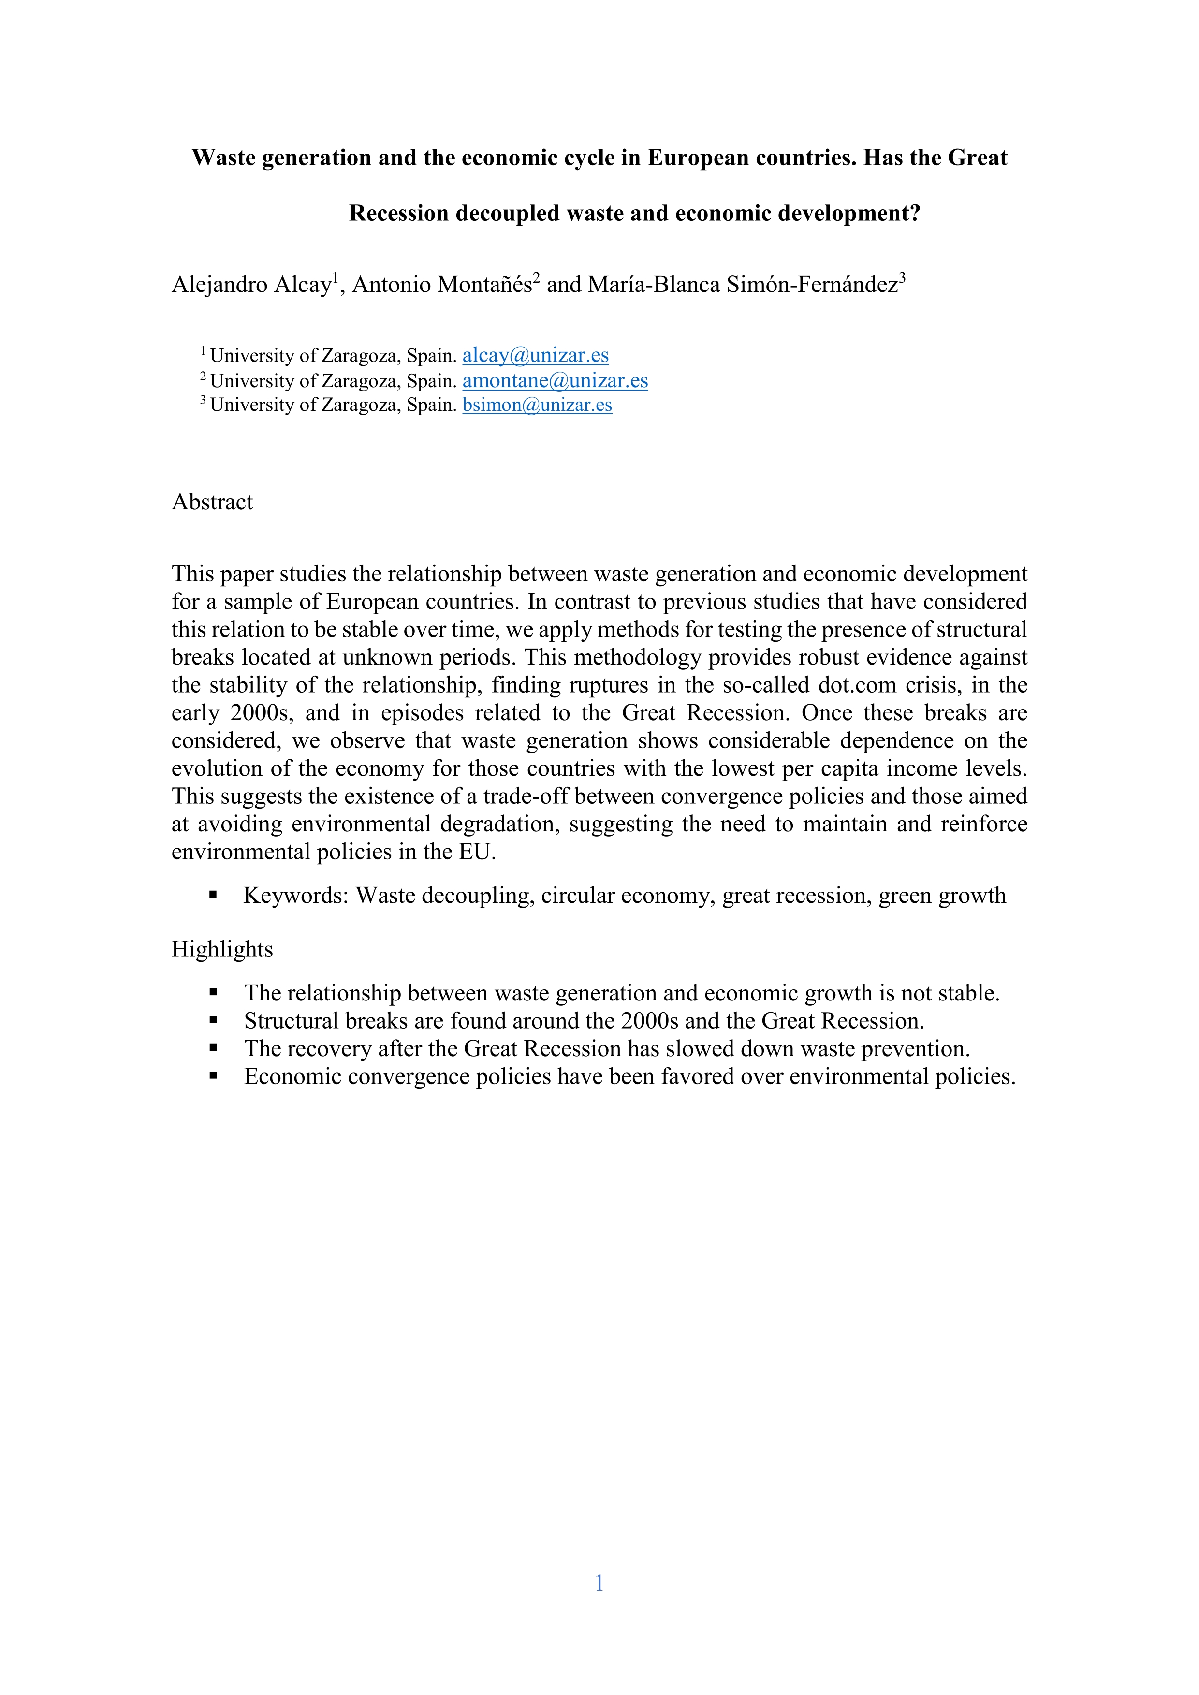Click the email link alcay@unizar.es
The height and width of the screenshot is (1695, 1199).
tap(535, 355)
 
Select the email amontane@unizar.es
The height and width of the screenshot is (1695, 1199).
tap(555, 380)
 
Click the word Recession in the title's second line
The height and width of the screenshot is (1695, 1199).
tap(399, 213)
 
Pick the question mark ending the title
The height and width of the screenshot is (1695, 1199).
tap(916, 213)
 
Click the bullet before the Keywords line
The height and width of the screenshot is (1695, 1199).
tap(213, 895)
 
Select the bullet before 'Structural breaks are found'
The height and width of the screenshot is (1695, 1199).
tap(213, 1020)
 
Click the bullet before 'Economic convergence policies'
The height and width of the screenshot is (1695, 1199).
tap(213, 1075)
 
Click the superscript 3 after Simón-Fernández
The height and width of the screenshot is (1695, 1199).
tap(902, 277)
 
